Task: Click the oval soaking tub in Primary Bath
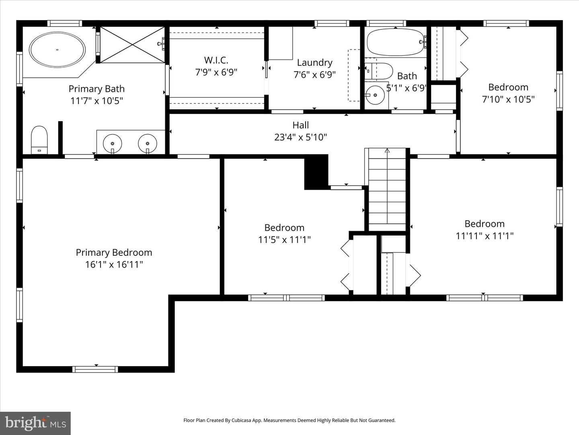point(57,50)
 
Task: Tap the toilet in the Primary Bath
point(39,139)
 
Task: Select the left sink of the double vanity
point(113,143)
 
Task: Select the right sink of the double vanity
point(148,143)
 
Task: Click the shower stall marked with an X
point(132,45)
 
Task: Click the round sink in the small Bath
point(375,95)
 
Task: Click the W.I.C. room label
point(216,60)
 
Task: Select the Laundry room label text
point(314,62)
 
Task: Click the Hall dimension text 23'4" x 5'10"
point(300,137)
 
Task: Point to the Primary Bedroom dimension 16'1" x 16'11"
point(114,265)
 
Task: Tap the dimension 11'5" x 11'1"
point(284,240)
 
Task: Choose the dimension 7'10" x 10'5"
point(508,99)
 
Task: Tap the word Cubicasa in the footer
point(243,420)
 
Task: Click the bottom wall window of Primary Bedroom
point(95,369)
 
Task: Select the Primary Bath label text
point(96,89)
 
